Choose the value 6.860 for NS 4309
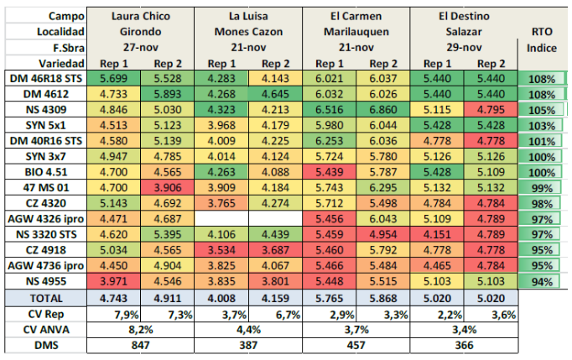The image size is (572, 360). [385, 109]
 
